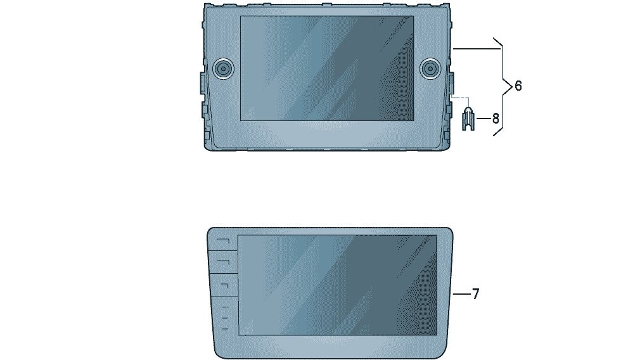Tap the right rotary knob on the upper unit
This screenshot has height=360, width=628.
pos(430,68)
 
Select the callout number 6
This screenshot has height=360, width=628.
pos(518,86)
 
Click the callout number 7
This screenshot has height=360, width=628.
pos(475,294)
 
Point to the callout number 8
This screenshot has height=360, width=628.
pos(496,119)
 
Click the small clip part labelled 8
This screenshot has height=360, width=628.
pos(468,119)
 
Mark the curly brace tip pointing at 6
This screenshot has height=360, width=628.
pos(512,86)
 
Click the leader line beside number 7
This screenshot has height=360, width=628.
pos(461,294)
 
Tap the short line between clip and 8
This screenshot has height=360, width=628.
pos(483,119)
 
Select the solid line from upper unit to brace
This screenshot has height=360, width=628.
pos(477,48)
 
